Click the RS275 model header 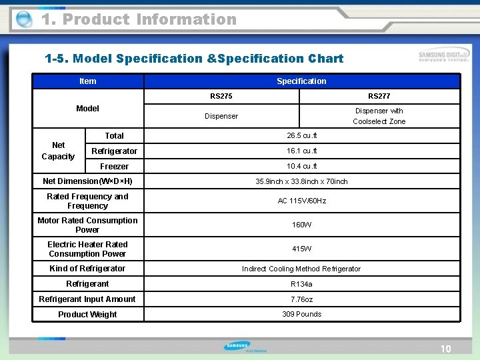[x=221, y=96]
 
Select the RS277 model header [x=379, y=96]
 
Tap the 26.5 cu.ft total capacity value [x=301, y=136]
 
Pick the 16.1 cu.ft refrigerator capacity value [x=301, y=151]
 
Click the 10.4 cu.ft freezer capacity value [x=301, y=167]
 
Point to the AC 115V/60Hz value [x=301, y=201]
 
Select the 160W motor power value [x=301, y=225]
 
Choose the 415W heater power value [x=301, y=249]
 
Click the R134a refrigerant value [x=301, y=284]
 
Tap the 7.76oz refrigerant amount [x=301, y=299]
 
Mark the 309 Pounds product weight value [x=301, y=314]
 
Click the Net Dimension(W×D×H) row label [x=87, y=181]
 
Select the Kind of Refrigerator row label [x=87, y=269]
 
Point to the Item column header [x=87, y=81]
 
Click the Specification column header [x=301, y=81]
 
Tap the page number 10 [x=445, y=349]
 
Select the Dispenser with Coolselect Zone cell [x=379, y=116]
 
